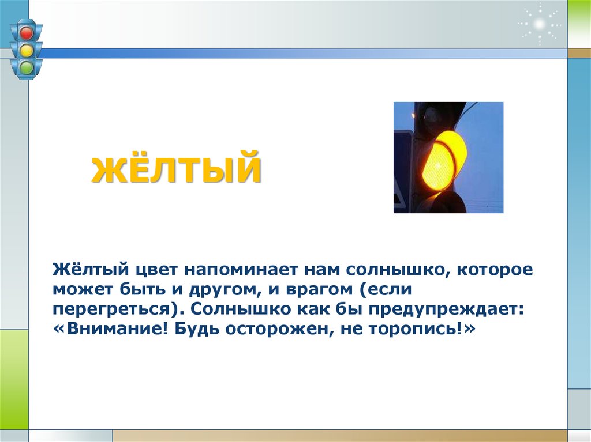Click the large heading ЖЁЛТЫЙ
tap(176, 167)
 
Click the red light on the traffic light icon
tap(26, 32)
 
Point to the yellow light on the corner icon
tap(26, 51)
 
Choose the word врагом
tap(311, 289)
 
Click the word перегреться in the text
tap(115, 308)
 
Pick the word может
tap(79, 289)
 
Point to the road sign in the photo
tap(403, 170)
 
